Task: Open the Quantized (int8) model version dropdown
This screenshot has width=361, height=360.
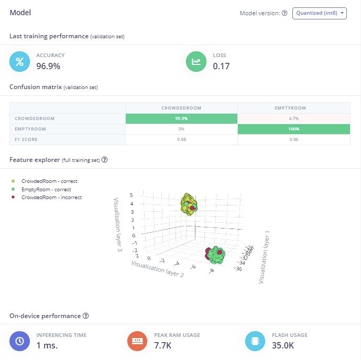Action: pos(320,13)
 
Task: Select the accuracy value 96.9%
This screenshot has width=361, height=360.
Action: pos(48,66)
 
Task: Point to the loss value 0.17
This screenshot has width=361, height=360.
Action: pos(221,66)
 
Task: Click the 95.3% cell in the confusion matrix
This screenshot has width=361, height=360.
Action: pos(181,118)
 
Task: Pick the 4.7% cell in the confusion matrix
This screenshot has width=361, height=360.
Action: pos(293,118)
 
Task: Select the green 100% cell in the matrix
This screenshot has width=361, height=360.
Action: pos(293,129)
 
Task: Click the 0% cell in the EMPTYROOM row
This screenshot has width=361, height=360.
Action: pos(181,129)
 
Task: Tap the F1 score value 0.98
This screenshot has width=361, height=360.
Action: pos(181,139)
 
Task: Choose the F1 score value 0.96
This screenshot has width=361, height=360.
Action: pos(293,139)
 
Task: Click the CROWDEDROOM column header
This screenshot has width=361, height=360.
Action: pos(181,108)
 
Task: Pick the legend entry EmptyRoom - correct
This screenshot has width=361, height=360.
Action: pos(46,189)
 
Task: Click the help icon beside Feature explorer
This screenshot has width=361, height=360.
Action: pos(105,159)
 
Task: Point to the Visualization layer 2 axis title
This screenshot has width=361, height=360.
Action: pos(157,268)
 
